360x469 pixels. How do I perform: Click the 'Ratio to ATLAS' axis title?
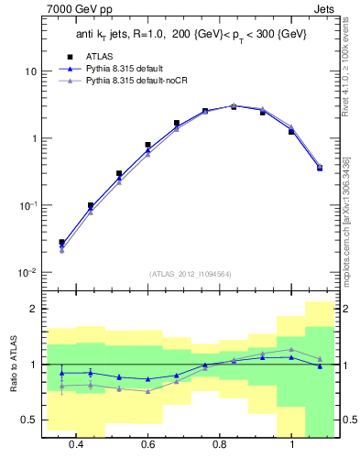click(x=11, y=366)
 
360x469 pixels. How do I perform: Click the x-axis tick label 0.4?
click(x=76, y=444)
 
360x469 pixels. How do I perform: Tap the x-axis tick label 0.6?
click(x=147, y=444)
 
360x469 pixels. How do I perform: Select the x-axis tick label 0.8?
click(x=220, y=444)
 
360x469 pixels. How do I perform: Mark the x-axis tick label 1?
click(x=291, y=444)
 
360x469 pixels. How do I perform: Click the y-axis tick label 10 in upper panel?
click(x=29, y=71)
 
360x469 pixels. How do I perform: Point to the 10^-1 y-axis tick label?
click(x=27, y=205)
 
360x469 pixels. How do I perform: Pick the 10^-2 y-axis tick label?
click(x=27, y=272)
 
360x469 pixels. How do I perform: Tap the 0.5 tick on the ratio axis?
click(x=28, y=420)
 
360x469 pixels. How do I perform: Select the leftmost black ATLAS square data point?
click(x=61, y=243)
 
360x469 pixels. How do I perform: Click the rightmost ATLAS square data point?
click(x=320, y=168)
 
